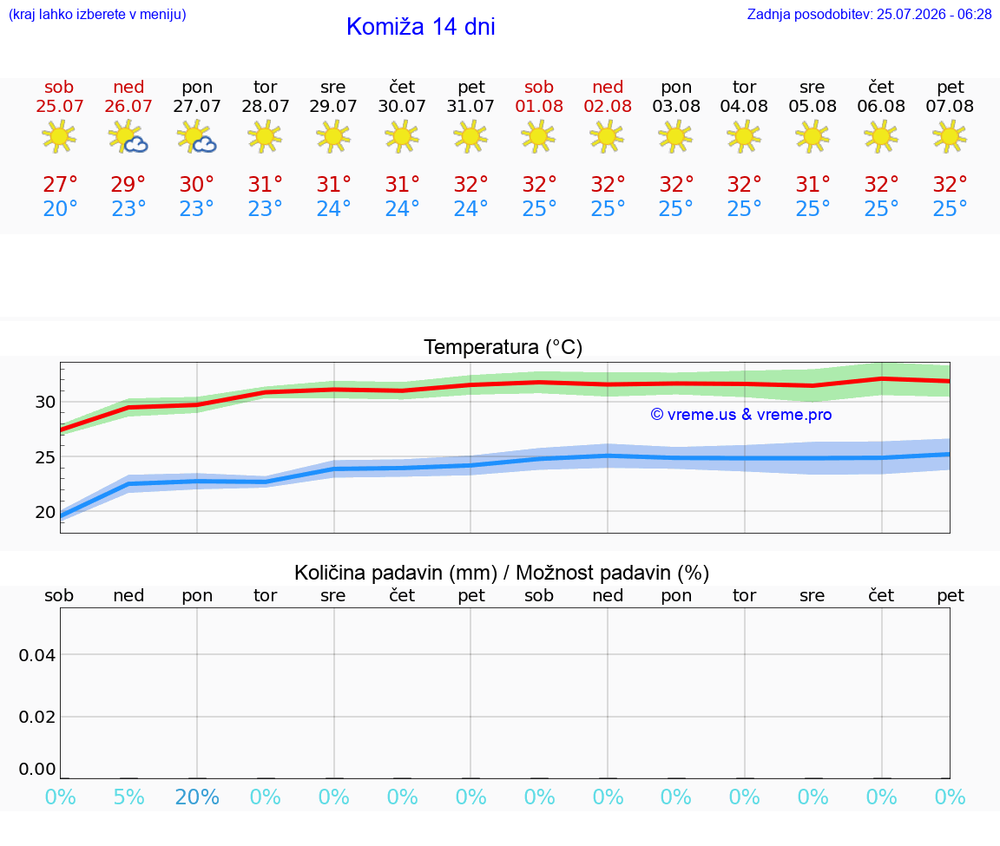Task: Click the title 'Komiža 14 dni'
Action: tap(420, 27)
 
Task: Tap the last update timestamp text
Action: tap(869, 15)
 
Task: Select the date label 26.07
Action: tap(128, 107)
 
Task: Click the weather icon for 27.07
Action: tap(197, 137)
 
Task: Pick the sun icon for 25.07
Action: tap(59, 137)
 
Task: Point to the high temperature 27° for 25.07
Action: tap(60, 184)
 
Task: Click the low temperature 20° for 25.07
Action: tap(60, 208)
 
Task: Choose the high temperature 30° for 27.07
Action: tap(196, 184)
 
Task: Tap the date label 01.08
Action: tap(539, 107)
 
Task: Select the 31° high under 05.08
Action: tap(812, 184)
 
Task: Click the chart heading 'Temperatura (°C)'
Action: tap(503, 347)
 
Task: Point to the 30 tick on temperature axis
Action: tap(45, 403)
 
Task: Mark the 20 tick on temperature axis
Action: tap(45, 512)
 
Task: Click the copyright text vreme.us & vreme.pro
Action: tap(741, 415)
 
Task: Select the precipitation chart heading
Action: tap(502, 573)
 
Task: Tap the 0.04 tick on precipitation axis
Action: tap(37, 655)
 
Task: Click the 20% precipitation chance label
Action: tap(197, 797)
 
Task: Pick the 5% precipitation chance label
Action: tap(128, 797)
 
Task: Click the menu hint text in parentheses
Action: tap(97, 15)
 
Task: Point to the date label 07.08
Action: tap(950, 107)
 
